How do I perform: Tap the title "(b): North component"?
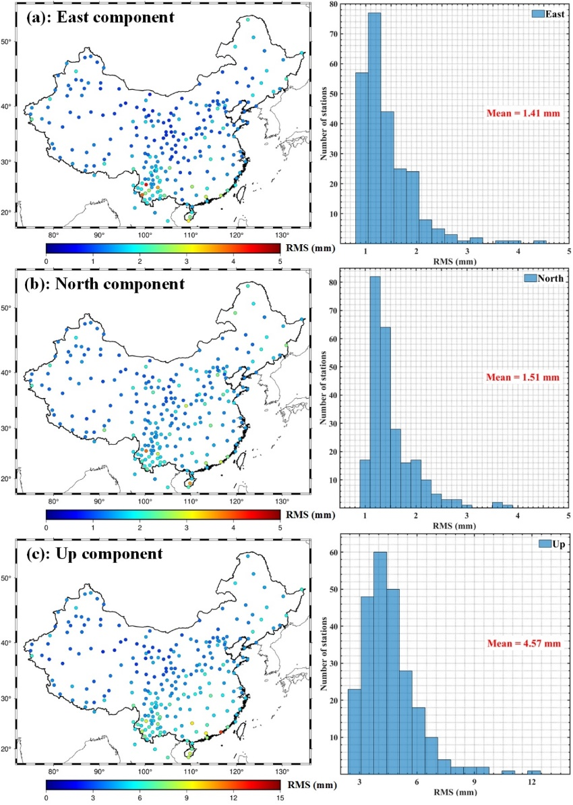tap(104, 285)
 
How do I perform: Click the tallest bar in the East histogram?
tap(374, 128)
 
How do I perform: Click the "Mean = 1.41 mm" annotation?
tap(523, 114)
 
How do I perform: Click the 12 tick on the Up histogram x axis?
tap(532, 782)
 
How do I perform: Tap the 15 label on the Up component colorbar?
tap(279, 798)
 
